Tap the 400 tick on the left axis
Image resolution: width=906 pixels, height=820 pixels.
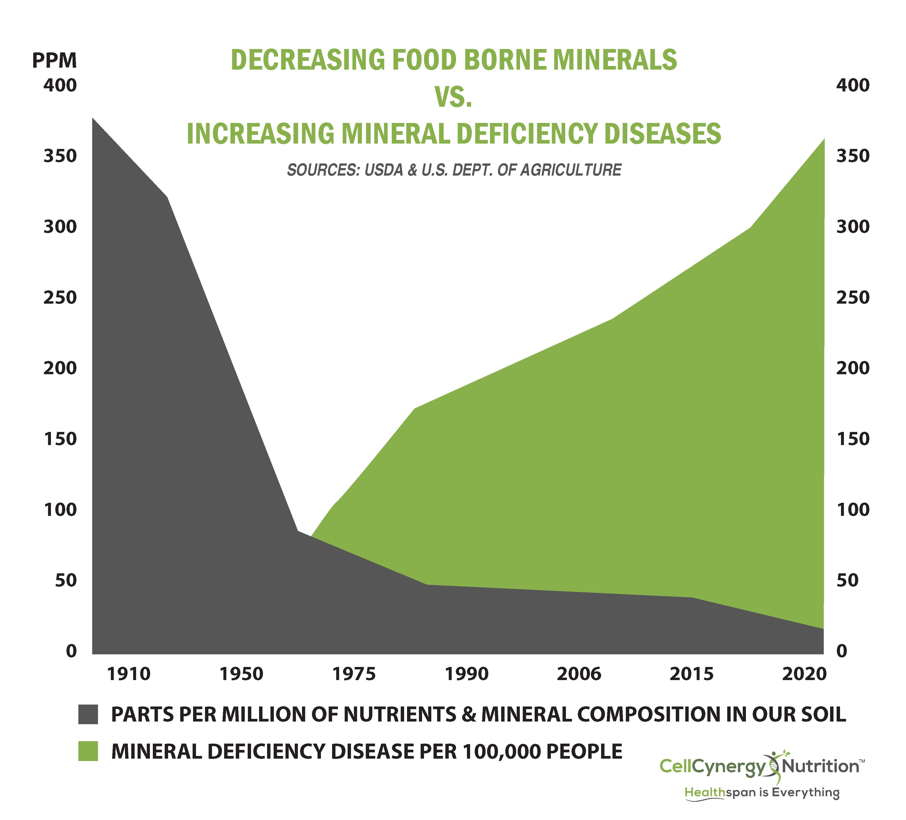(x=60, y=85)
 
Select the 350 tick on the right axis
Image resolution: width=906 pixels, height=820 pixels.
(x=853, y=156)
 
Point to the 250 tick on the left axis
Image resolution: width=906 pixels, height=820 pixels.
(x=60, y=297)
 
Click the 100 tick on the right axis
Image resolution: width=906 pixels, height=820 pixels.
(x=853, y=510)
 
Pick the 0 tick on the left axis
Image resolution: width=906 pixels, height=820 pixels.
(x=71, y=651)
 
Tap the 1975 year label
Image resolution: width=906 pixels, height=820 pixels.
(x=354, y=674)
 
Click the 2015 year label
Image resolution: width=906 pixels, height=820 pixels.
(x=691, y=674)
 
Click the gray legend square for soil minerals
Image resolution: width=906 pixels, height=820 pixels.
(x=88, y=714)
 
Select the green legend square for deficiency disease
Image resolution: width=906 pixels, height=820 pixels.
(x=88, y=751)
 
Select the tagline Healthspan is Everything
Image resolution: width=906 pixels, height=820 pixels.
(x=761, y=792)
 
